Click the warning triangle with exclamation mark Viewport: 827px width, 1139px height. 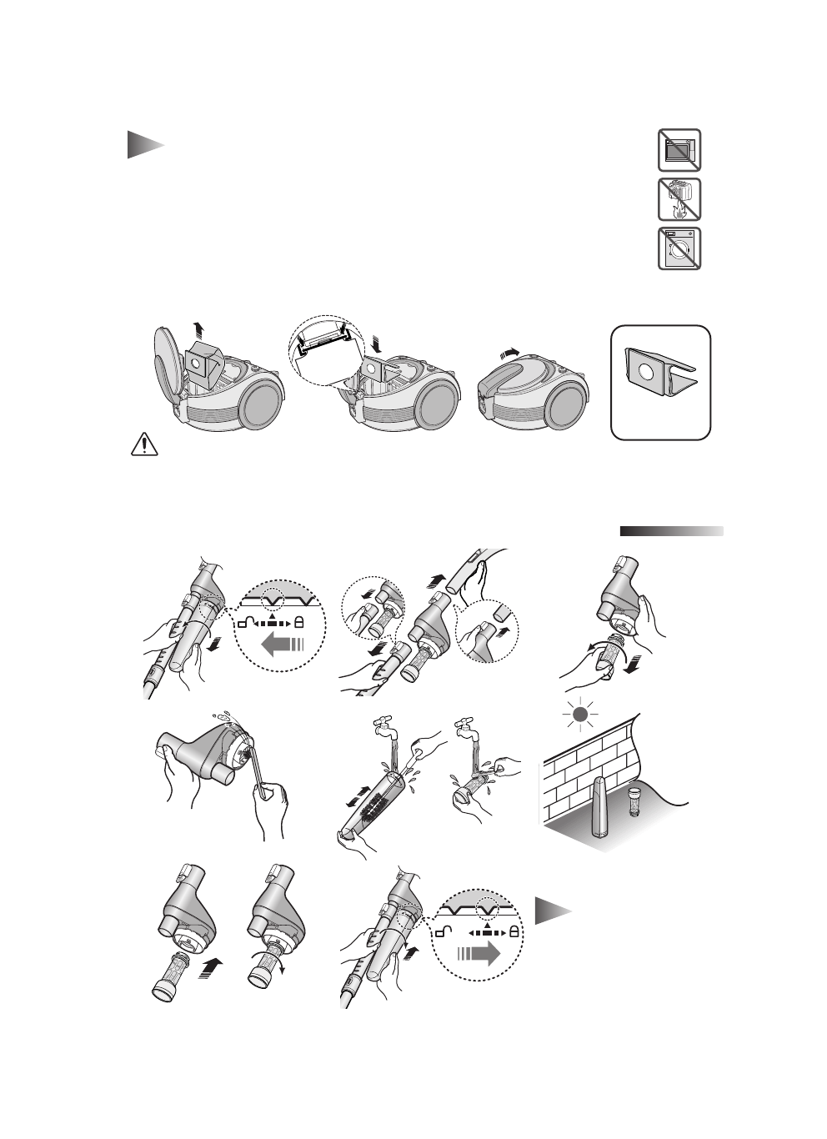click(x=144, y=445)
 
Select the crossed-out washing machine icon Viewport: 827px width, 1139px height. click(x=679, y=248)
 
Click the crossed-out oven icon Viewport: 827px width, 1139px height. click(x=679, y=151)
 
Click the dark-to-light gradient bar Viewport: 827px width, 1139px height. click(x=671, y=531)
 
